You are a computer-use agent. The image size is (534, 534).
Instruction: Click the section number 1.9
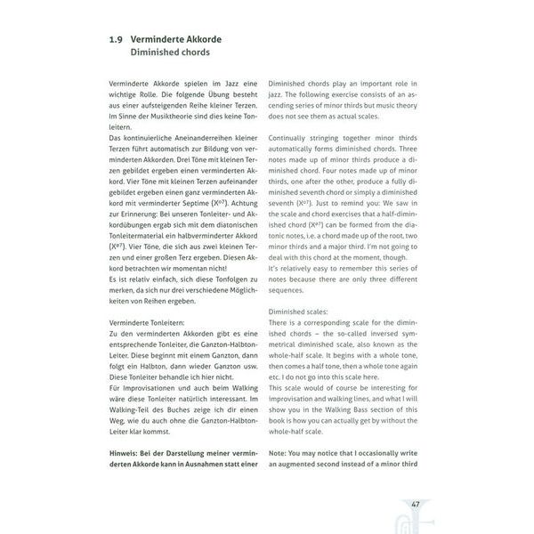coord(114,39)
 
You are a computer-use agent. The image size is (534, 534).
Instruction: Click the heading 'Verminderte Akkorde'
coord(176,39)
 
